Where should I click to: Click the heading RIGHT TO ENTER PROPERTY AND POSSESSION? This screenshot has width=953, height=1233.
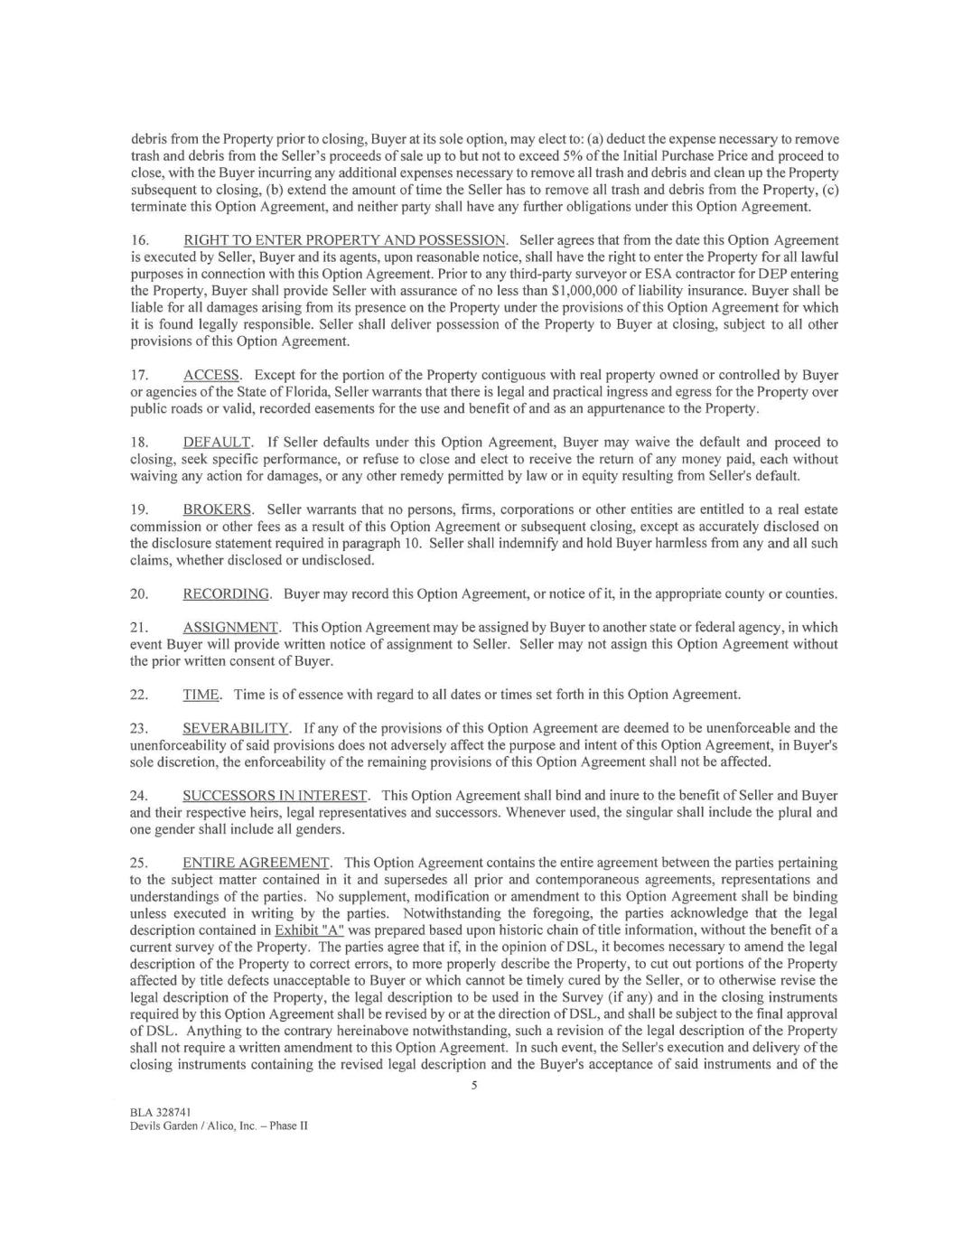[x=344, y=240]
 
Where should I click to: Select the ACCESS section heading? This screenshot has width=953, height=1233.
[x=211, y=375]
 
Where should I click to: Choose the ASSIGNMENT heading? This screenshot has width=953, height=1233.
[x=231, y=627]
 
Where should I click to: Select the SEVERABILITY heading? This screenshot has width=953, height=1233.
[x=236, y=728]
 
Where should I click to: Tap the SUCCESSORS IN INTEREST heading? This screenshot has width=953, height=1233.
[x=276, y=795]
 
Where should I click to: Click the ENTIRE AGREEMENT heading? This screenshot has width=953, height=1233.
[x=257, y=863]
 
